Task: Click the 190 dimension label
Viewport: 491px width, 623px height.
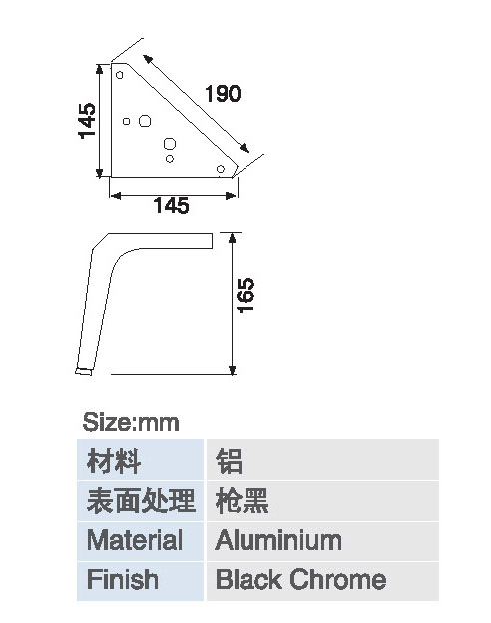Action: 223,94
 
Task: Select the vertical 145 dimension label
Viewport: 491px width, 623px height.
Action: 87,121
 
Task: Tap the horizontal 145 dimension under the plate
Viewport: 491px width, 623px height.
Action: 172,205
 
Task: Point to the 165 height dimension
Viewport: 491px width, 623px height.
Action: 245,296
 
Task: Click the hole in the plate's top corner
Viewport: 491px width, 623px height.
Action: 119,75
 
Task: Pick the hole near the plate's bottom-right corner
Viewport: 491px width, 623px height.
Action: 221,169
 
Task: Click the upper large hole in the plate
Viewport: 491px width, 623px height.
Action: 145,121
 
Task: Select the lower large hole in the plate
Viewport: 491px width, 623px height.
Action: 170,144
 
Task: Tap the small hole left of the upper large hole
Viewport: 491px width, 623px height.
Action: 127,121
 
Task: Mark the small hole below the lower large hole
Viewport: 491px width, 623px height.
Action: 170,159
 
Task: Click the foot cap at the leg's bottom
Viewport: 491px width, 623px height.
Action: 84,371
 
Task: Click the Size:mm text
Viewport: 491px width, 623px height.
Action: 131,422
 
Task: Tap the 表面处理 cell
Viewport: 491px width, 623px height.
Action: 141,500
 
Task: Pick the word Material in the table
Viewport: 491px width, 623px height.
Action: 135,540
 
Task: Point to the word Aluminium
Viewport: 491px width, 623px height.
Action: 278,540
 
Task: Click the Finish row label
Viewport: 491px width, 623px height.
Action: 123,579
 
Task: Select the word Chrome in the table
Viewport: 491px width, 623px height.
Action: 338,579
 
